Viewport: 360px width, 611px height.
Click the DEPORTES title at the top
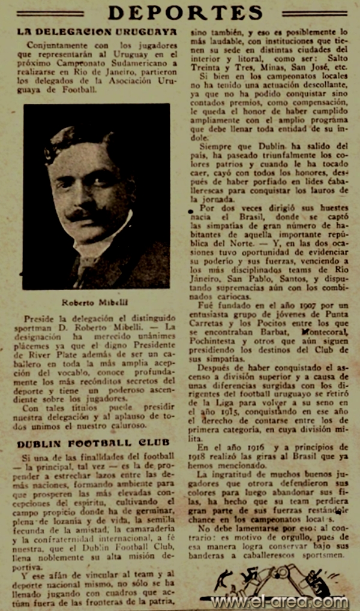(185, 13)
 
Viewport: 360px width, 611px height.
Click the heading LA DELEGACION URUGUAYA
(97, 31)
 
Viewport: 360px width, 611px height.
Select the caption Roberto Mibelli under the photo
(97, 302)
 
